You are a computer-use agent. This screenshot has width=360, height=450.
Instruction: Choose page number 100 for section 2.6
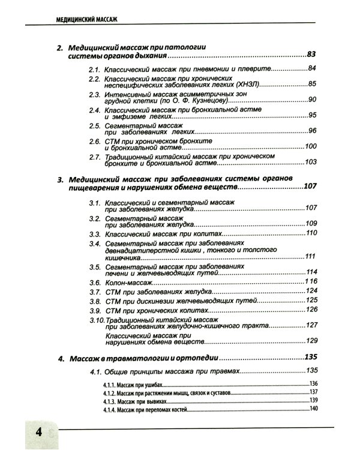click(310, 146)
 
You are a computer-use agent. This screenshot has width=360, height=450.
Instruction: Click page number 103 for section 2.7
click(310, 162)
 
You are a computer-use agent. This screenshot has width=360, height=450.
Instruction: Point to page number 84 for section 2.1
click(311, 68)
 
